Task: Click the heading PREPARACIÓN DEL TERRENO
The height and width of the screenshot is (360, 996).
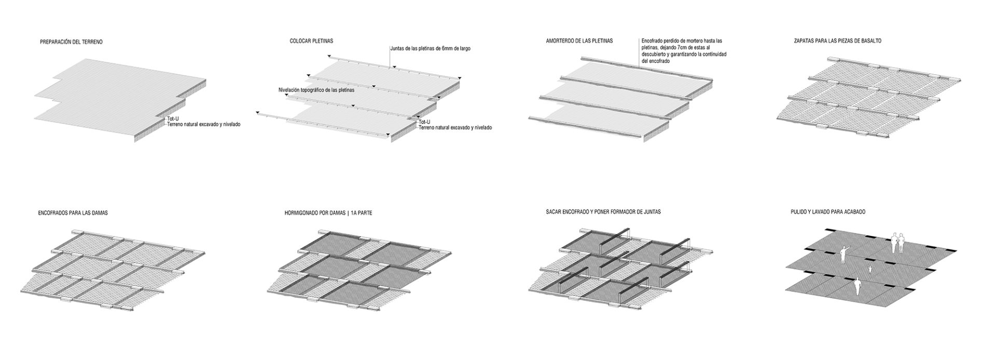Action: click(x=71, y=41)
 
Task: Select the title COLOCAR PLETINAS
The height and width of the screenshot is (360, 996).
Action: click(x=312, y=41)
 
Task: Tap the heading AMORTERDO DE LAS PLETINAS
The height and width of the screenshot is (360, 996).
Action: click(x=579, y=40)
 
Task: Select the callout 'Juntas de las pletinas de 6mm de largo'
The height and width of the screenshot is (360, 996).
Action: click(x=431, y=48)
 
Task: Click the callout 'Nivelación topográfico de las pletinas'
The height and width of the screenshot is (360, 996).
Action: click(x=316, y=90)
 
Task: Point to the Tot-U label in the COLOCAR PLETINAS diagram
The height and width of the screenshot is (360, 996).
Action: click(x=424, y=122)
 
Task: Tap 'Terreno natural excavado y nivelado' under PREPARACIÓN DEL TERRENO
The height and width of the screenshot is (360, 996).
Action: click(x=204, y=124)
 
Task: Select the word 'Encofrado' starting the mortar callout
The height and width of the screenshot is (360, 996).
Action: click(x=653, y=40)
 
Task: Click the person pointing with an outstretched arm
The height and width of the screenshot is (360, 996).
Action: click(x=842, y=255)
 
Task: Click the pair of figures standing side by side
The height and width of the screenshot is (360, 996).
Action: click(x=898, y=243)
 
